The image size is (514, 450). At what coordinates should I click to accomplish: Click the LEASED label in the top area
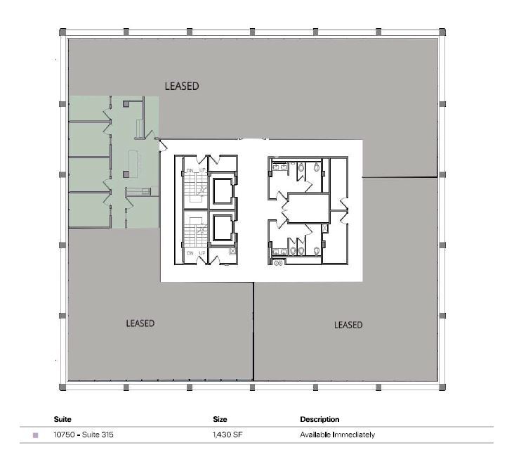pyautogui.click(x=182, y=86)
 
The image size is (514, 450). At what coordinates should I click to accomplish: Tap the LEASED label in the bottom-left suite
pyautogui.click(x=140, y=323)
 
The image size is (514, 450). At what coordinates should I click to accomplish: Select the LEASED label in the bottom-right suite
pyautogui.click(x=348, y=325)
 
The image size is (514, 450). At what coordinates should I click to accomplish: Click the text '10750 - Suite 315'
pyautogui.click(x=83, y=435)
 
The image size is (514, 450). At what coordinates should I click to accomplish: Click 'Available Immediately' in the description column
pyautogui.click(x=337, y=435)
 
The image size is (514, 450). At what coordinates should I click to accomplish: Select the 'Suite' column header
pyautogui.click(x=62, y=420)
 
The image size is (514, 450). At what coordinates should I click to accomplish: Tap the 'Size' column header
pyautogui.click(x=220, y=420)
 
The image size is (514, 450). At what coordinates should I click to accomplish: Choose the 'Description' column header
pyautogui.click(x=319, y=420)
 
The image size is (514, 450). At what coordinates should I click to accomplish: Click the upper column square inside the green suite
pyautogui.click(x=126, y=103)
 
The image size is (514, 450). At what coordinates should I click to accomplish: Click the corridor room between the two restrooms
pyautogui.click(x=305, y=209)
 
